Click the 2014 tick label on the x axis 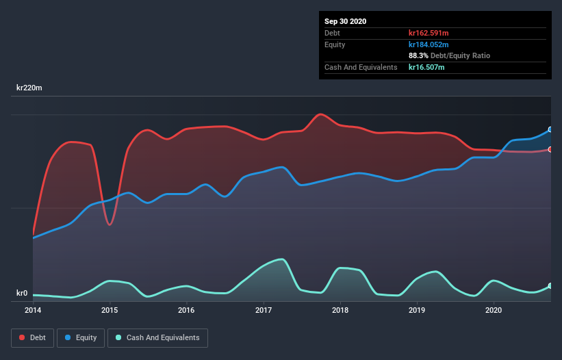point(33,310)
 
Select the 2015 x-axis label point(110,310)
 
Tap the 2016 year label point(186,310)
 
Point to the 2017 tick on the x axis point(263,310)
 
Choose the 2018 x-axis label point(340,310)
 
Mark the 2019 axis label point(416,310)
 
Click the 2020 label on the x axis point(493,310)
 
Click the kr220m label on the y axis point(31,88)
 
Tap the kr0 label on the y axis point(22,294)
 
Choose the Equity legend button point(81,337)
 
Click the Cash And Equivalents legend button point(157,337)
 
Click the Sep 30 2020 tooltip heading point(346,21)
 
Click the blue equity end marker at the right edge point(550,129)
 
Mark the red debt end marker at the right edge point(550,149)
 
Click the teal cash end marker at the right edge point(550,286)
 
